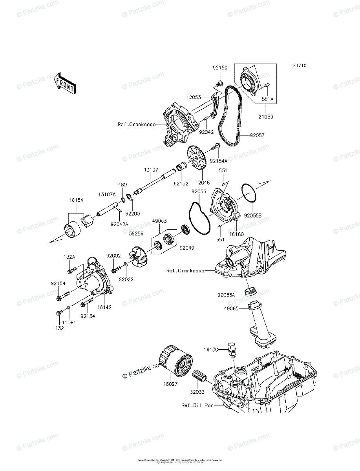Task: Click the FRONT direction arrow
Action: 64,83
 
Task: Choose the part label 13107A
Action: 107,194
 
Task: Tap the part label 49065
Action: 232,309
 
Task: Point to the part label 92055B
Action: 253,215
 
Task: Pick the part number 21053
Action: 265,117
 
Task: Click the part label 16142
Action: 104,307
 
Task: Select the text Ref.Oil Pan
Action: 197,405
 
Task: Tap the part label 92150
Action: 220,68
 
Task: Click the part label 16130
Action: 211,349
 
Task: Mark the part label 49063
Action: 160,221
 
